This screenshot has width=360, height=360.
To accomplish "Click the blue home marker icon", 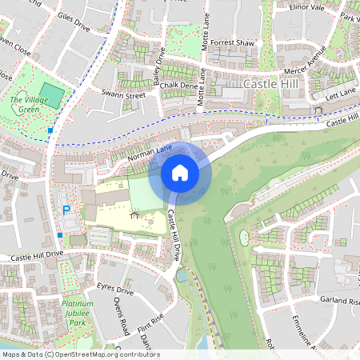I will (180, 173).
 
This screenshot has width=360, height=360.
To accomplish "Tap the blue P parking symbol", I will (66, 210).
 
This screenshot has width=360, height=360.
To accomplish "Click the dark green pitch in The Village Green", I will (51, 91).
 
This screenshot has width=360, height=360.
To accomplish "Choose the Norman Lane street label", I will (149, 151).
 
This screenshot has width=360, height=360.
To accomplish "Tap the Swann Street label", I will (122, 95).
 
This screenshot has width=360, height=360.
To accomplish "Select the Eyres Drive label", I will (114, 290).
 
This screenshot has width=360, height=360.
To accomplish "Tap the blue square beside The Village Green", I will (50, 130).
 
